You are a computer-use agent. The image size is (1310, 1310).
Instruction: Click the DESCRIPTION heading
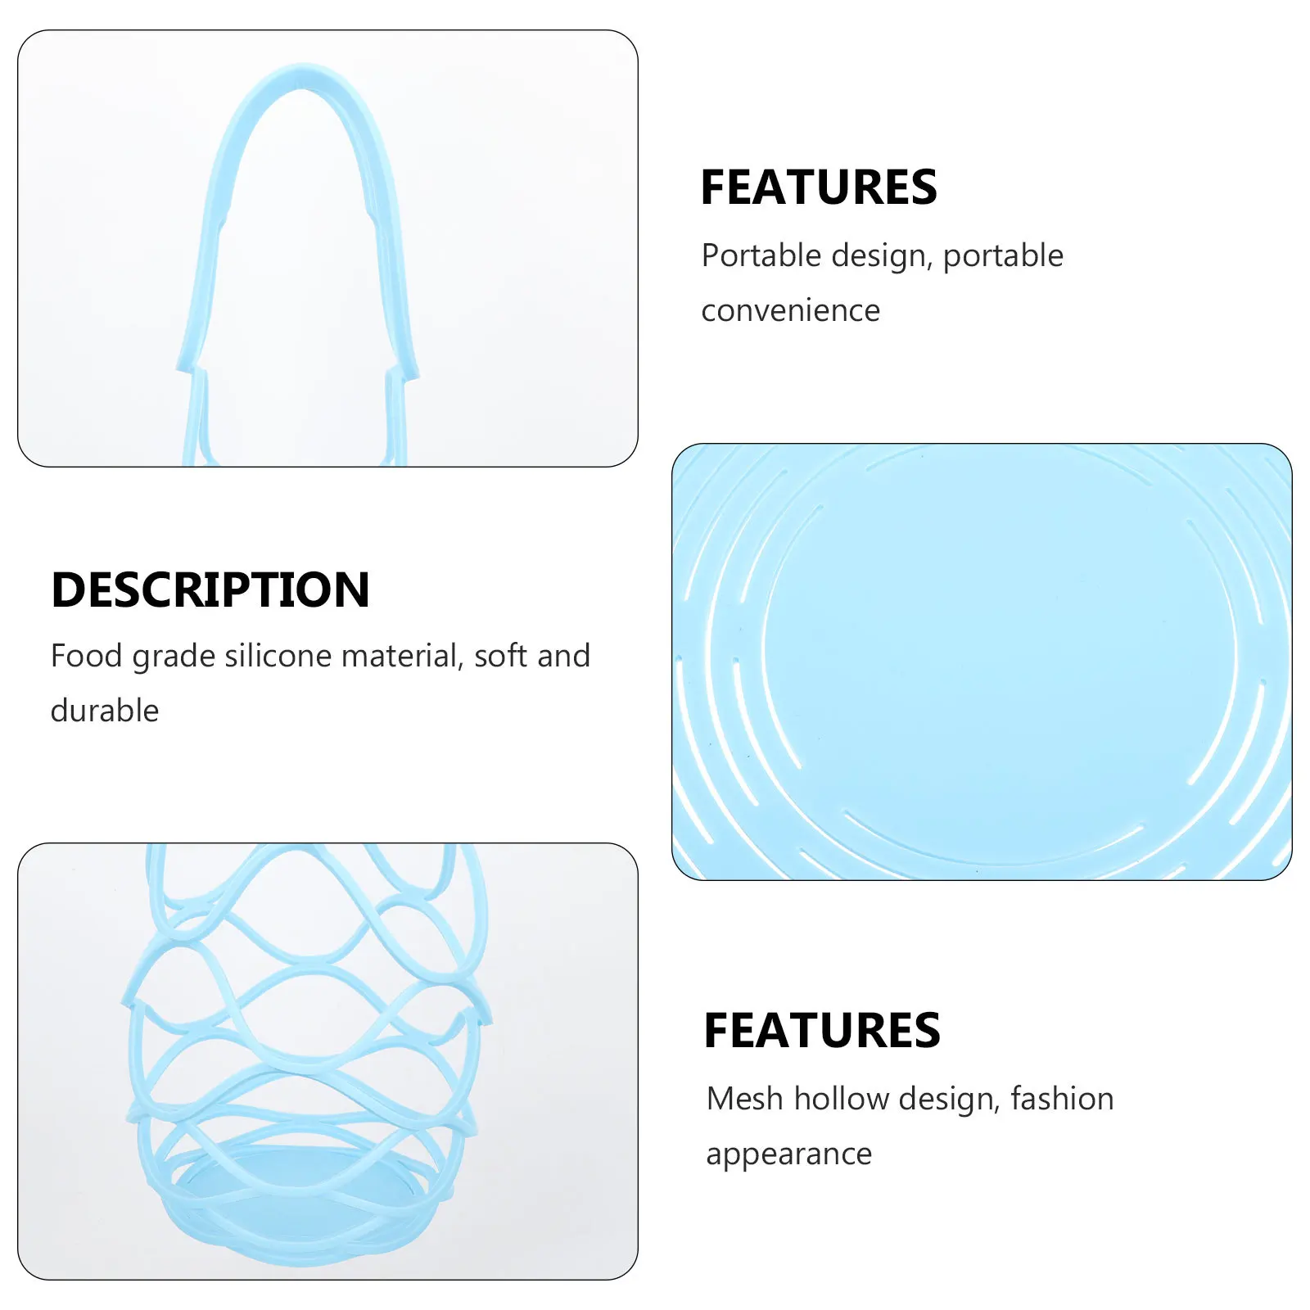coord(210,589)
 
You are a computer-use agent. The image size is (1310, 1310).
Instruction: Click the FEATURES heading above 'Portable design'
coord(818,187)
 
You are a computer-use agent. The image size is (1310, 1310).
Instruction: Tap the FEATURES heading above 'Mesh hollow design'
coord(821,1030)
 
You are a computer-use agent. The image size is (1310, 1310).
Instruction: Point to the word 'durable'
coord(105,711)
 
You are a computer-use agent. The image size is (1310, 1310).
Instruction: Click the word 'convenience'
coord(790,310)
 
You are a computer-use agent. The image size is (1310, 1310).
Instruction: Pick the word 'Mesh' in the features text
coord(744,1099)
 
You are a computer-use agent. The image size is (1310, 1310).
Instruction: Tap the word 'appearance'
coord(788,1154)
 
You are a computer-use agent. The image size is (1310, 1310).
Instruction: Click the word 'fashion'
coord(1062,1099)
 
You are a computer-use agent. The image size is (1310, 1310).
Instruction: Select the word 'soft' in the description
coord(500,656)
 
